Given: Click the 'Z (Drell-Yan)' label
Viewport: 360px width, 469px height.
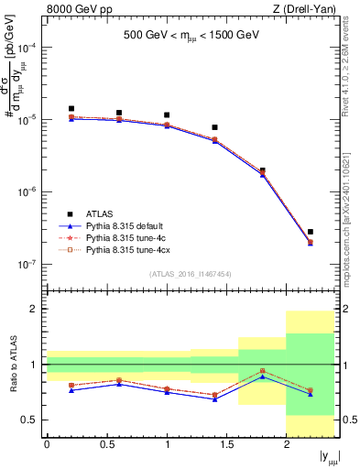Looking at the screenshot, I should (309, 10).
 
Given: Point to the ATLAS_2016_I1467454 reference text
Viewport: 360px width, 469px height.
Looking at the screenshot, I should (191, 274).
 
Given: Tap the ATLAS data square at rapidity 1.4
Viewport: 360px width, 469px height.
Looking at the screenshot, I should (214, 127).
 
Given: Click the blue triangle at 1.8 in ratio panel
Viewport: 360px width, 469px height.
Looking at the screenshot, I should (263, 376).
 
